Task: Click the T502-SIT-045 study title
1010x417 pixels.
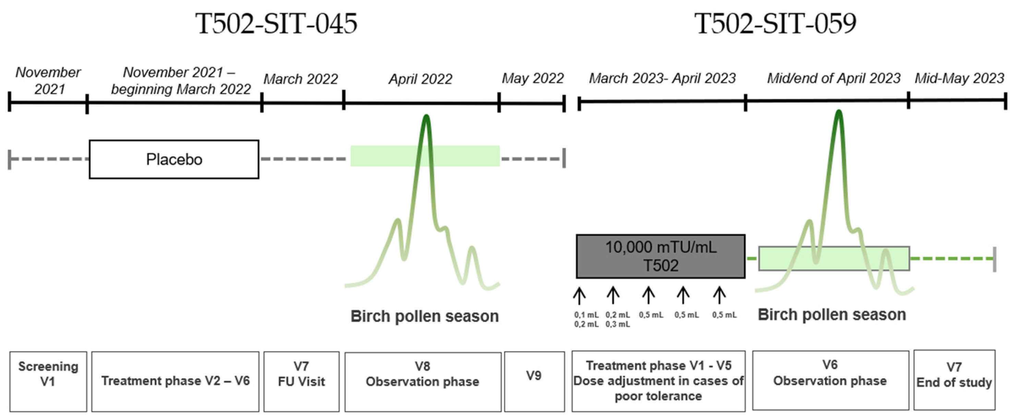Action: (x=276, y=24)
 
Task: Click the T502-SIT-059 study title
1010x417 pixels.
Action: (x=775, y=24)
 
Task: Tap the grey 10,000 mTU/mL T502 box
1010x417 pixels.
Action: (x=660, y=256)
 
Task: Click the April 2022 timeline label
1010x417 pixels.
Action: (x=420, y=79)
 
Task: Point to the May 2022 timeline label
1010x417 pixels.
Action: (x=533, y=79)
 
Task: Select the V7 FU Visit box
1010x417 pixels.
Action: (x=301, y=381)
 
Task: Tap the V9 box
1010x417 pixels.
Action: (x=534, y=381)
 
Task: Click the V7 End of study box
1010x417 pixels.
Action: (x=954, y=380)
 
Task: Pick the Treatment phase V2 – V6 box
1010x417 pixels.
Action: (x=175, y=381)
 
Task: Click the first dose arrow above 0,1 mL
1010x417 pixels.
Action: (x=579, y=296)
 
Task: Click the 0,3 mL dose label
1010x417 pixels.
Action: (x=618, y=324)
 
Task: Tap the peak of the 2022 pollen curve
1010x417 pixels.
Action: (x=426, y=117)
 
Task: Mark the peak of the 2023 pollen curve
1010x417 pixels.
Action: (x=838, y=112)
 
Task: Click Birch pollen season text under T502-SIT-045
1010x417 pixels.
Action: (x=424, y=316)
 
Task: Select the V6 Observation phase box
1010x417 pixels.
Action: (x=830, y=380)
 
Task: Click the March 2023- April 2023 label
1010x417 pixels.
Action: (x=662, y=79)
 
